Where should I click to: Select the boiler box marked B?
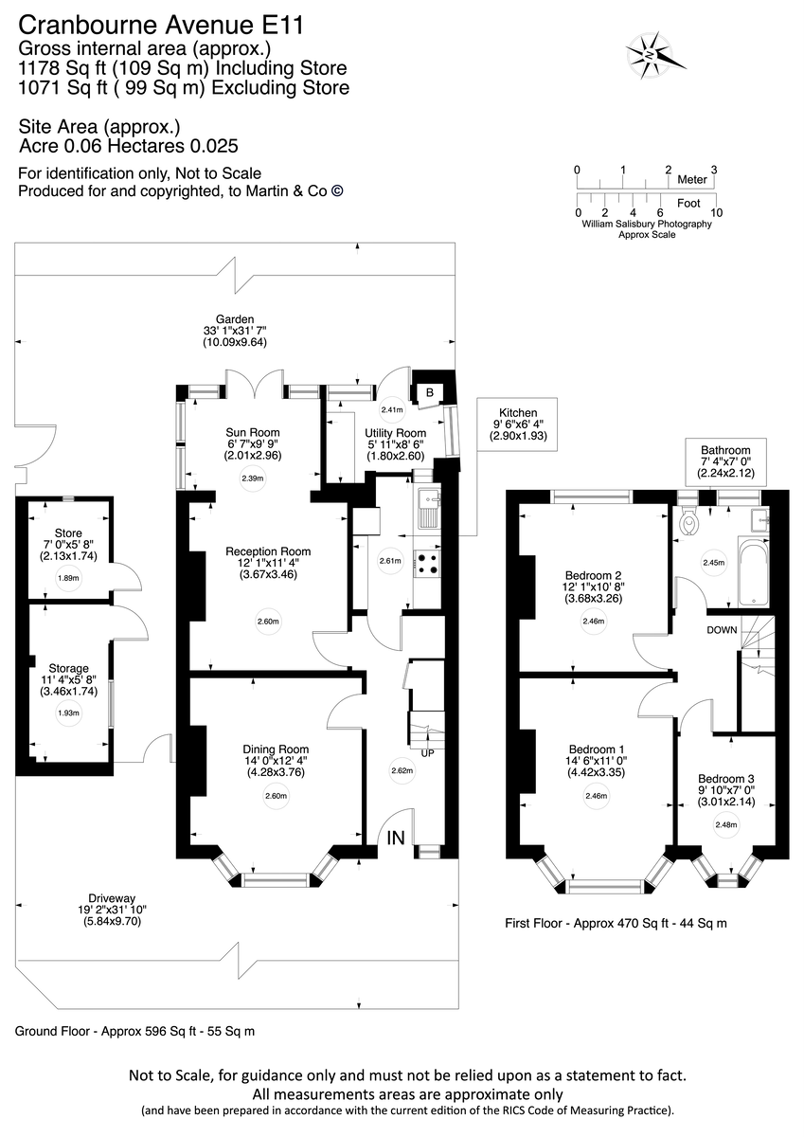click(x=429, y=390)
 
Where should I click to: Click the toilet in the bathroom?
click(x=691, y=519)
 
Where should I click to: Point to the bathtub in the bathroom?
click(x=755, y=571)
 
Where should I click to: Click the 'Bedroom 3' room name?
click(x=725, y=778)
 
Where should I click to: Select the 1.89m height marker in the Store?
click(x=68, y=577)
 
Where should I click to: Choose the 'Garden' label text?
click(x=235, y=319)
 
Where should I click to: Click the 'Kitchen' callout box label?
click(x=518, y=413)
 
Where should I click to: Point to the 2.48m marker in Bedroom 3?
click(x=725, y=824)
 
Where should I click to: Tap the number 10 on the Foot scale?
click(x=716, y=212)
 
